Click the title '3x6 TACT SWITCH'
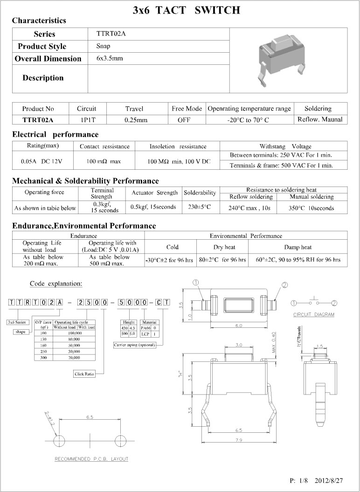187,9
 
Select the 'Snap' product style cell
103,46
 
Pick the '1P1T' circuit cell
86,120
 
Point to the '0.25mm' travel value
136,120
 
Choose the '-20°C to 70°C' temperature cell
249,120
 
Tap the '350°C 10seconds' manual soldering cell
311,208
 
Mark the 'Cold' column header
172,247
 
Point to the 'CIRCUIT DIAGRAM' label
314,315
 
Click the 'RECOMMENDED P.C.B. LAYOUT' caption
91,459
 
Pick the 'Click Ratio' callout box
85,374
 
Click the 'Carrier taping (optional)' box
133,345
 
